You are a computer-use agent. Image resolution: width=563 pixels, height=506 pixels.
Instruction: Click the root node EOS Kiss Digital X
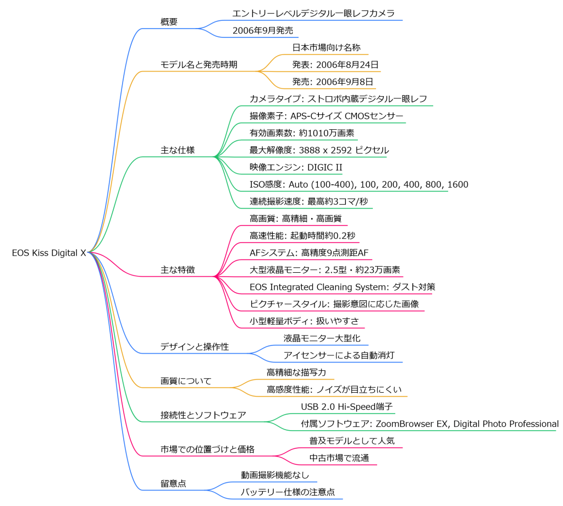49,253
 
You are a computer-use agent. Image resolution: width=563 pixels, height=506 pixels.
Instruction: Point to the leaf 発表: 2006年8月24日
335,64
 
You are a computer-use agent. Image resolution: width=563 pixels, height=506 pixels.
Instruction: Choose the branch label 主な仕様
177,150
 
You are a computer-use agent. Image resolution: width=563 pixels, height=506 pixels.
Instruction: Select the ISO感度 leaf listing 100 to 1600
358,184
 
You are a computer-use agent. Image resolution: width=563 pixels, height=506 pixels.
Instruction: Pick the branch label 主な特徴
177,270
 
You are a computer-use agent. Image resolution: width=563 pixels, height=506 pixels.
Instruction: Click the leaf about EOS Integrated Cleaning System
343,287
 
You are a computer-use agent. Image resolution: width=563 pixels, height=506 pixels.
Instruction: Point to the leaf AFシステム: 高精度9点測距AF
308,252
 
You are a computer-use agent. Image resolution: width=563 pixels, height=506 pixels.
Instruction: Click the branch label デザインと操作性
195,346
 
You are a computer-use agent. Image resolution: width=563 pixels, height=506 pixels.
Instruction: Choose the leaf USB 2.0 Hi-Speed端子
346,406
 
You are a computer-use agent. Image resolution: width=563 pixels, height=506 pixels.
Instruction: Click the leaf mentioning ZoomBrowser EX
429,424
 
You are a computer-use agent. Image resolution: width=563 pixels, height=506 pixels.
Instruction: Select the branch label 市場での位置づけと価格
207,449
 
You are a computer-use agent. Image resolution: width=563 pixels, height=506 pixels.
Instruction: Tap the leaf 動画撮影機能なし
275,475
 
